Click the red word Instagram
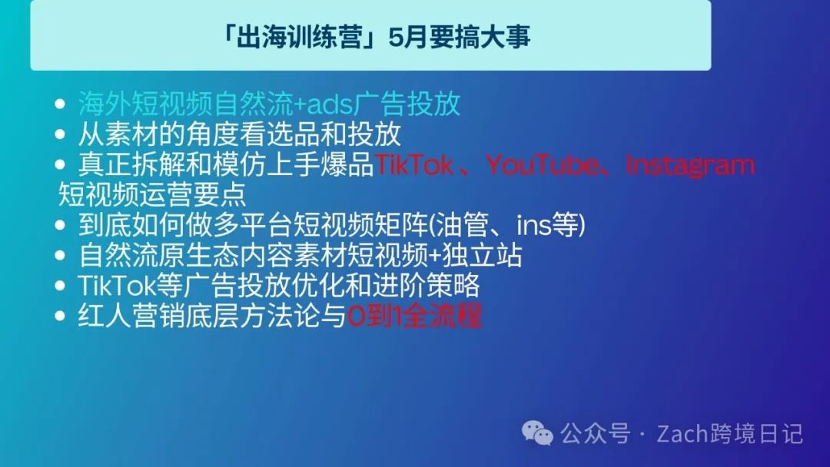690,166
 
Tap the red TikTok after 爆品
413,164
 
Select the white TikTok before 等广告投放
117,286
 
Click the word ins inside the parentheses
533,225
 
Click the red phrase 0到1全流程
414,316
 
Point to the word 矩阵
400,225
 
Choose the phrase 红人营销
131,316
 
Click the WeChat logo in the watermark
537,433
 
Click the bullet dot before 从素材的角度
60,134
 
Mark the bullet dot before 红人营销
60,316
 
